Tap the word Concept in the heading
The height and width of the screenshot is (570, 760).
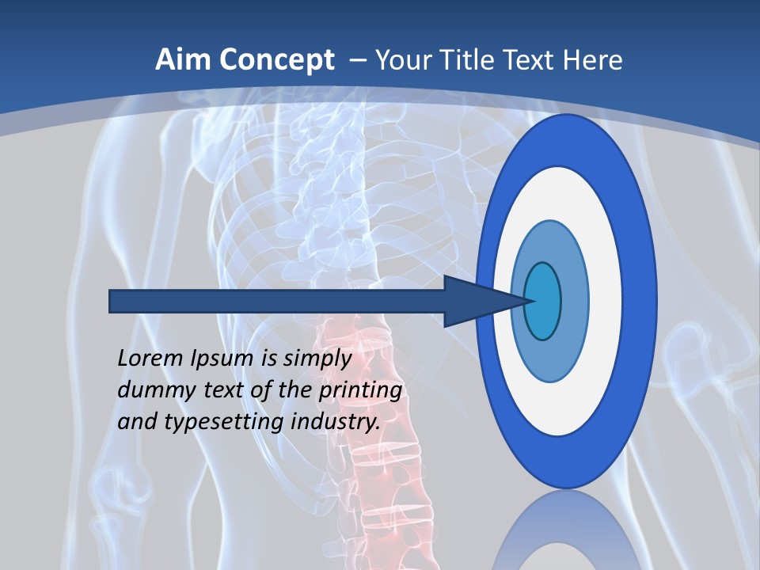[277, 60]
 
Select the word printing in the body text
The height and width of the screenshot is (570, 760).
[359, 389]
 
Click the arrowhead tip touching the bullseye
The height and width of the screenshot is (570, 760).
[526, 301]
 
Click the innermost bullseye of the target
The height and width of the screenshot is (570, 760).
[543, 301]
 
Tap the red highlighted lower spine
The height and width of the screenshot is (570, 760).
[372, 443]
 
